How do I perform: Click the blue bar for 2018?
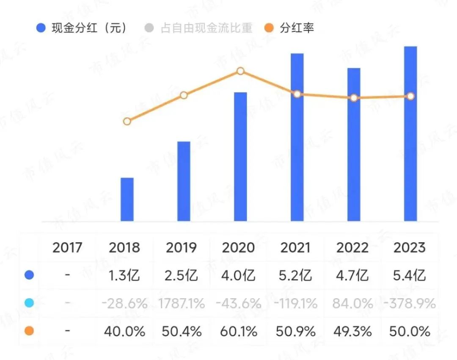127,199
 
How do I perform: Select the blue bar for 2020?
240,157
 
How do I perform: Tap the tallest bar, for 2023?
410,133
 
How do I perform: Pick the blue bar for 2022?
354,144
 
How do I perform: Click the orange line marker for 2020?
240,71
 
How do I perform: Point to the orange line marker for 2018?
127,122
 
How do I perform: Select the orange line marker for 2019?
184,95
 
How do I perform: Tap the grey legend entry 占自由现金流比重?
199,28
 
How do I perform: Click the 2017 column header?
67,247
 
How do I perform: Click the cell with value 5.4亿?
409,276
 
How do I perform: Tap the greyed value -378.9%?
409,303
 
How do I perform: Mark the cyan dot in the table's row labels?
29,303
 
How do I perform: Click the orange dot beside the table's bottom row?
29,331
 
